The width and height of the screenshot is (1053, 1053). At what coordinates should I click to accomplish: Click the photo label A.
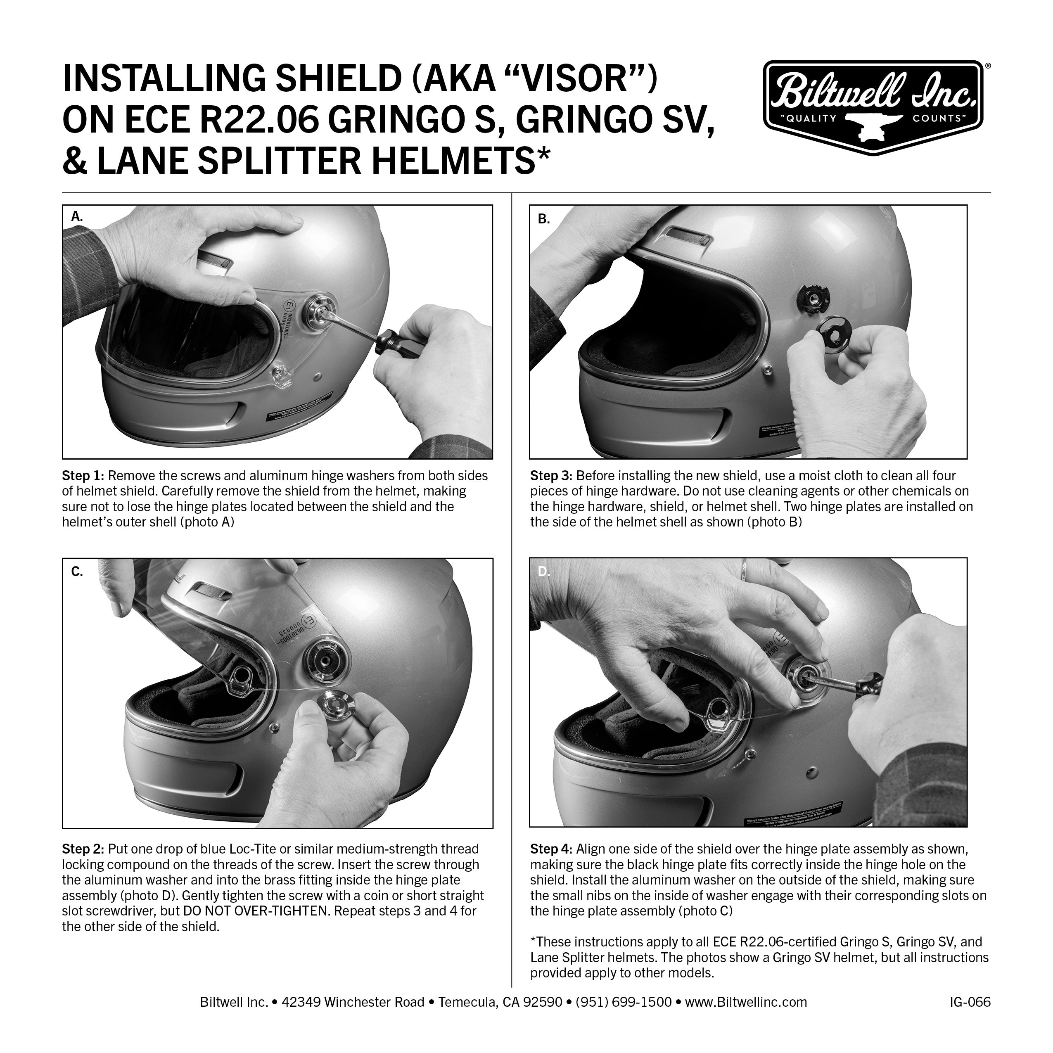coord(77,217)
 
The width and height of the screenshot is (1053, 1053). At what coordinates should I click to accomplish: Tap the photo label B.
coord(543,219)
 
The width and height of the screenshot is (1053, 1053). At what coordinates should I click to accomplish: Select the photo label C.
coord(77,572)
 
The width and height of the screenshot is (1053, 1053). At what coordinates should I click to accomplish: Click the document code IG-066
coord(969,1002)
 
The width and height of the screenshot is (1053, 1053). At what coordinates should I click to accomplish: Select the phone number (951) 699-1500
coord(624,1002)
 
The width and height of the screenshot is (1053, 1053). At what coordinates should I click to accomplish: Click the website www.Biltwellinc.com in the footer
coord(746,1002)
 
